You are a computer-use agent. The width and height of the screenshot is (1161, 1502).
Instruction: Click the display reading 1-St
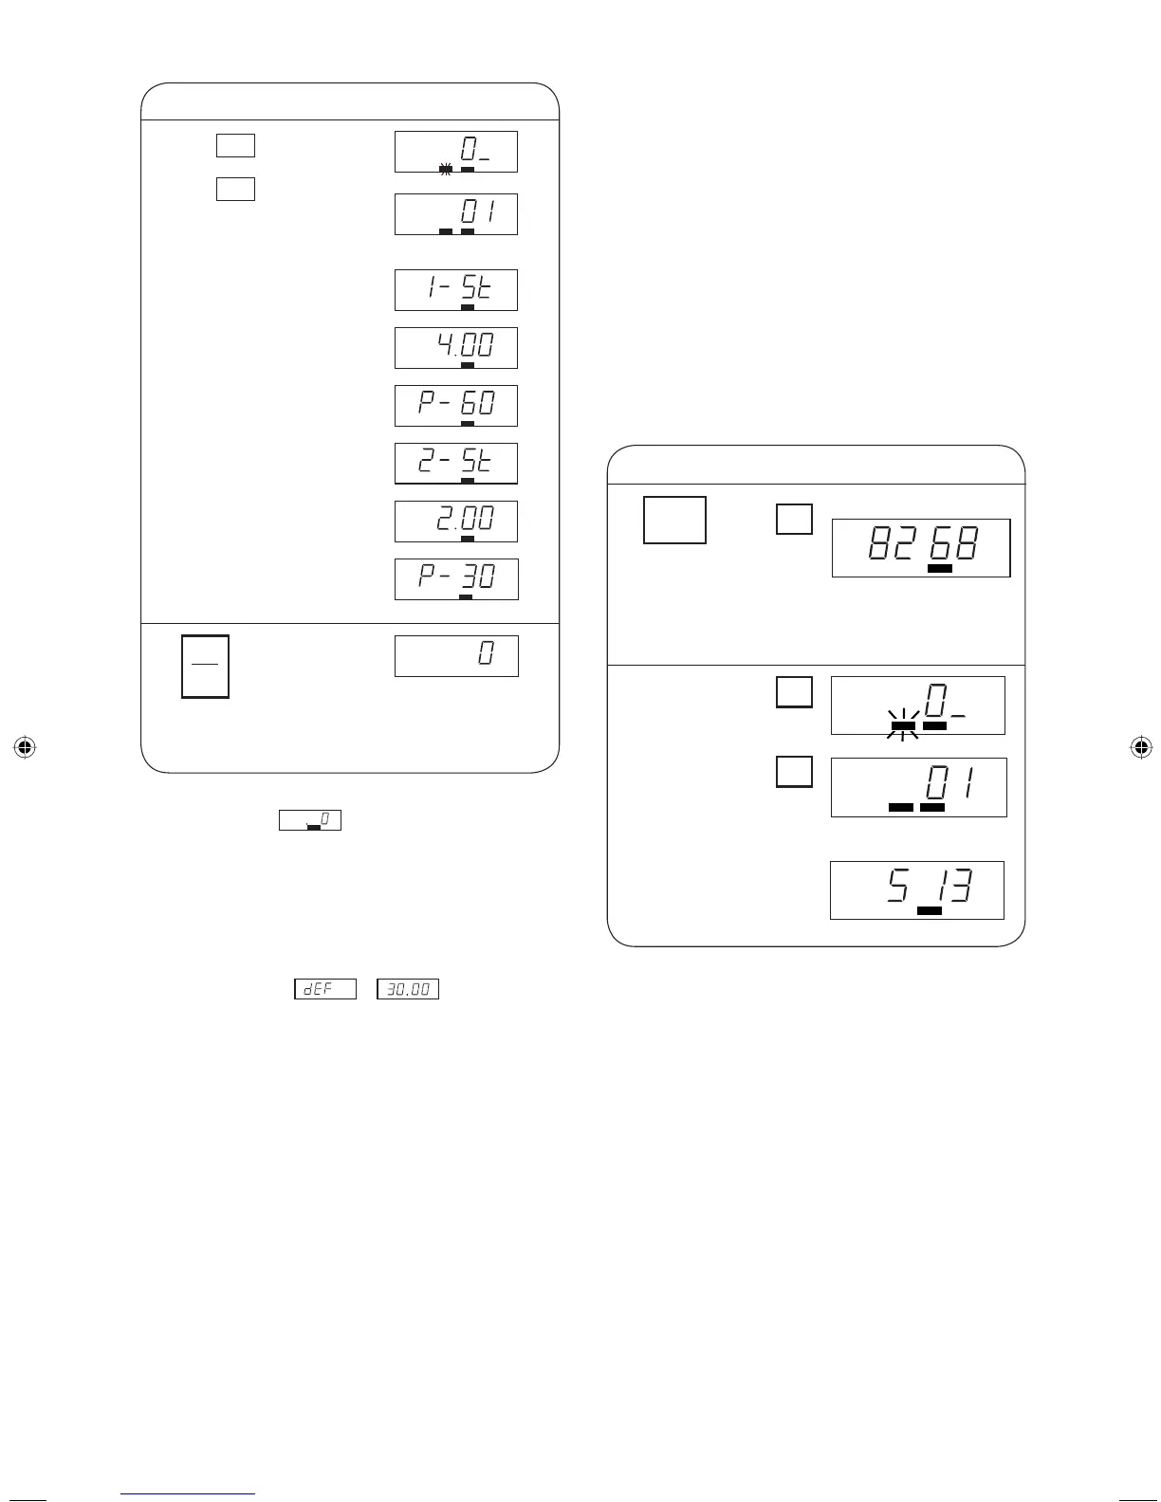click(455, 289)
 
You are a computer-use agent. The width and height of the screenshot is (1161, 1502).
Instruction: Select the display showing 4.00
click(455, 348)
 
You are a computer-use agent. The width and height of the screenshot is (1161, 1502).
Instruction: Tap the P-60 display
click(455, 406)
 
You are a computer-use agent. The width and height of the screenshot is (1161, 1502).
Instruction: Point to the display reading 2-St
click(455, 463)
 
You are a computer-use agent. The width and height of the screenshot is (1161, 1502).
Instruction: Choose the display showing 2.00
click(455, 522)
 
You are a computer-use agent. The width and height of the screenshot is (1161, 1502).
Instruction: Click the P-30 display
click(456, 579)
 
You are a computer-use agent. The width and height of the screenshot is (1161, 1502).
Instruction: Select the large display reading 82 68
click(921, 548)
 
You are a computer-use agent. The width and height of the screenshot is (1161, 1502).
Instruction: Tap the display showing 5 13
click(917, 890)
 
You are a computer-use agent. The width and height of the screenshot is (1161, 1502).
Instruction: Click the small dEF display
click(325, 989)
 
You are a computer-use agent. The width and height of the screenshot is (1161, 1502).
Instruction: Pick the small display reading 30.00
click(408, 989)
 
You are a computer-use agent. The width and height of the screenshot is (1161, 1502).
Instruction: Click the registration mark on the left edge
click(25, 747)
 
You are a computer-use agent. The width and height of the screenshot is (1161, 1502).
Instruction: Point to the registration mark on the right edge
click(1142, 747)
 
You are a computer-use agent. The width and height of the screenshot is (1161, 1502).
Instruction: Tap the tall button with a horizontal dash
click(206, 667)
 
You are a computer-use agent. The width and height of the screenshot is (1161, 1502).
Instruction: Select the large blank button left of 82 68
click(675, 520)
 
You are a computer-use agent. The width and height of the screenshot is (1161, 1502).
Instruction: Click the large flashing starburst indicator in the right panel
click(903, 725)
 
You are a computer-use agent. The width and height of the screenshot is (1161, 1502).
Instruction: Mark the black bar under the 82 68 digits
click(940, 568)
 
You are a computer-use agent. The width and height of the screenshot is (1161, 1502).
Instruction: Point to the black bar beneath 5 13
click(930, 911)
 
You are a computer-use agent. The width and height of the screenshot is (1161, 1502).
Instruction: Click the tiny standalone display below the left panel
click(310, 820)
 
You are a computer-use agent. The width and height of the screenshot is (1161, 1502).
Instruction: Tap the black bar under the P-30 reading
click(466, 596)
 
